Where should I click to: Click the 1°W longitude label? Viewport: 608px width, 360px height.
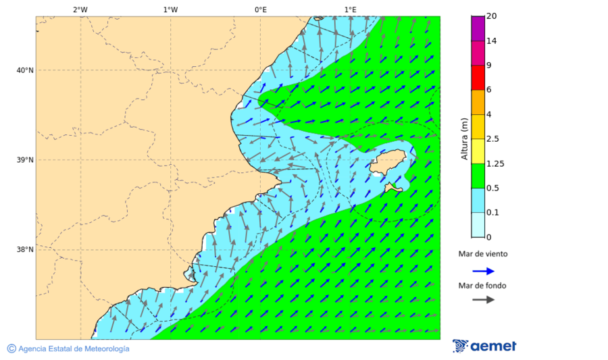point(170,9)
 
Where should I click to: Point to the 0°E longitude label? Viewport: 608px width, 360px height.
point(260,9)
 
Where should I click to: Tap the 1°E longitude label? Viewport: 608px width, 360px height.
point(350,9)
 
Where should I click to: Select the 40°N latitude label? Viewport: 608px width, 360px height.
point(24,70)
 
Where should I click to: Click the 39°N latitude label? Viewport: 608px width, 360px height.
point(24,160)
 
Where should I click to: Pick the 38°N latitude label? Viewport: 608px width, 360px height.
point(24,249)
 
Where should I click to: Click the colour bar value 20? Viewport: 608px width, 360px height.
point(492,17)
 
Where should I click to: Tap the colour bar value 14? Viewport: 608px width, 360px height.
point(492,41)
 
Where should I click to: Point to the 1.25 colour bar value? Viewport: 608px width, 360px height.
point(496,163)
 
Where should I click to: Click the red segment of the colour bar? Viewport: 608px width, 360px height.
point(478,78)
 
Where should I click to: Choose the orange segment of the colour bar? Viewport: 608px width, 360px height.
point(478,102)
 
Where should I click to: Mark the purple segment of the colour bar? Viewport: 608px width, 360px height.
point(478,28)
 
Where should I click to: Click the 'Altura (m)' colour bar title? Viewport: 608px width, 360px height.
point(464,139)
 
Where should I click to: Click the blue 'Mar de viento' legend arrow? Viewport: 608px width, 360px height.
point(483,270)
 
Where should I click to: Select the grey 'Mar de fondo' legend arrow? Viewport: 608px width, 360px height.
point(483,300)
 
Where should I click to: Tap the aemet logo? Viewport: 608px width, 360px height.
point(484,346)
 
